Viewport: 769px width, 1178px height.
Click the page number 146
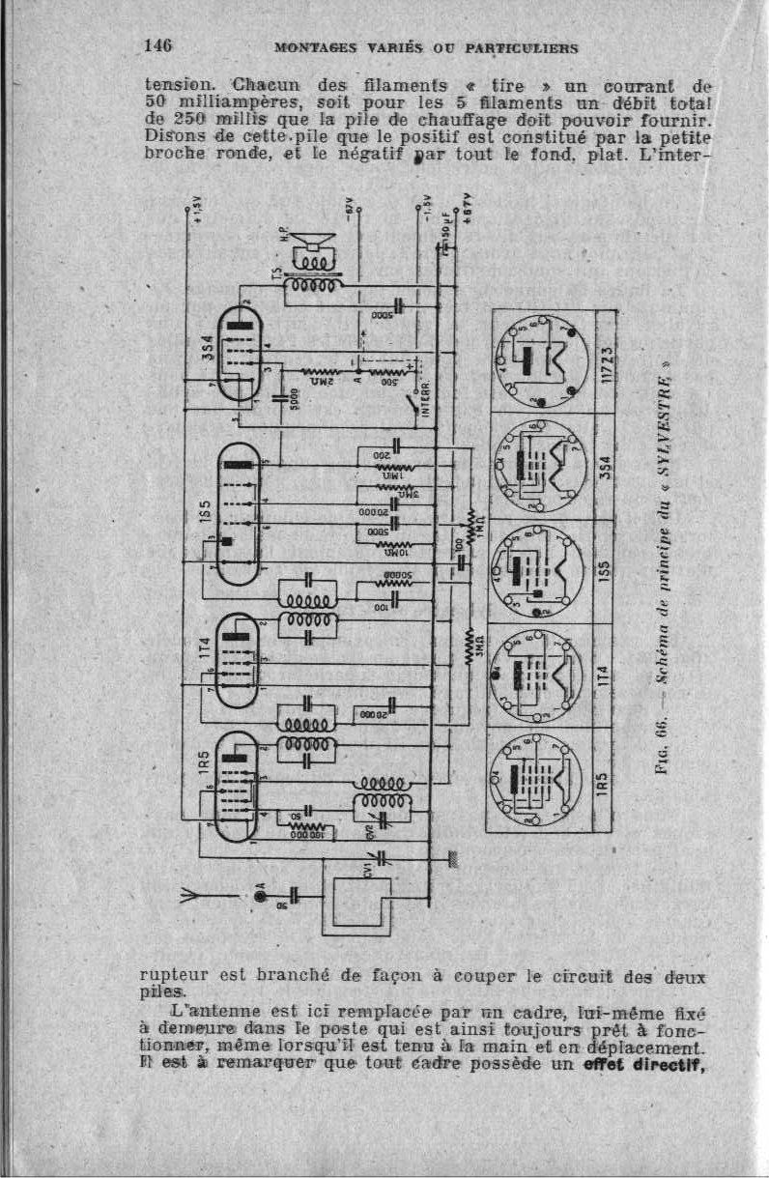click(x=158, y=44)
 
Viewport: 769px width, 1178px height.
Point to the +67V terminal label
click(x=466, y=210)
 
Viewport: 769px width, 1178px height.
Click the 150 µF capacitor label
click(x=444, y=238)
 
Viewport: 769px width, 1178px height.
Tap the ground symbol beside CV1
click(x=451, y=856)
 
